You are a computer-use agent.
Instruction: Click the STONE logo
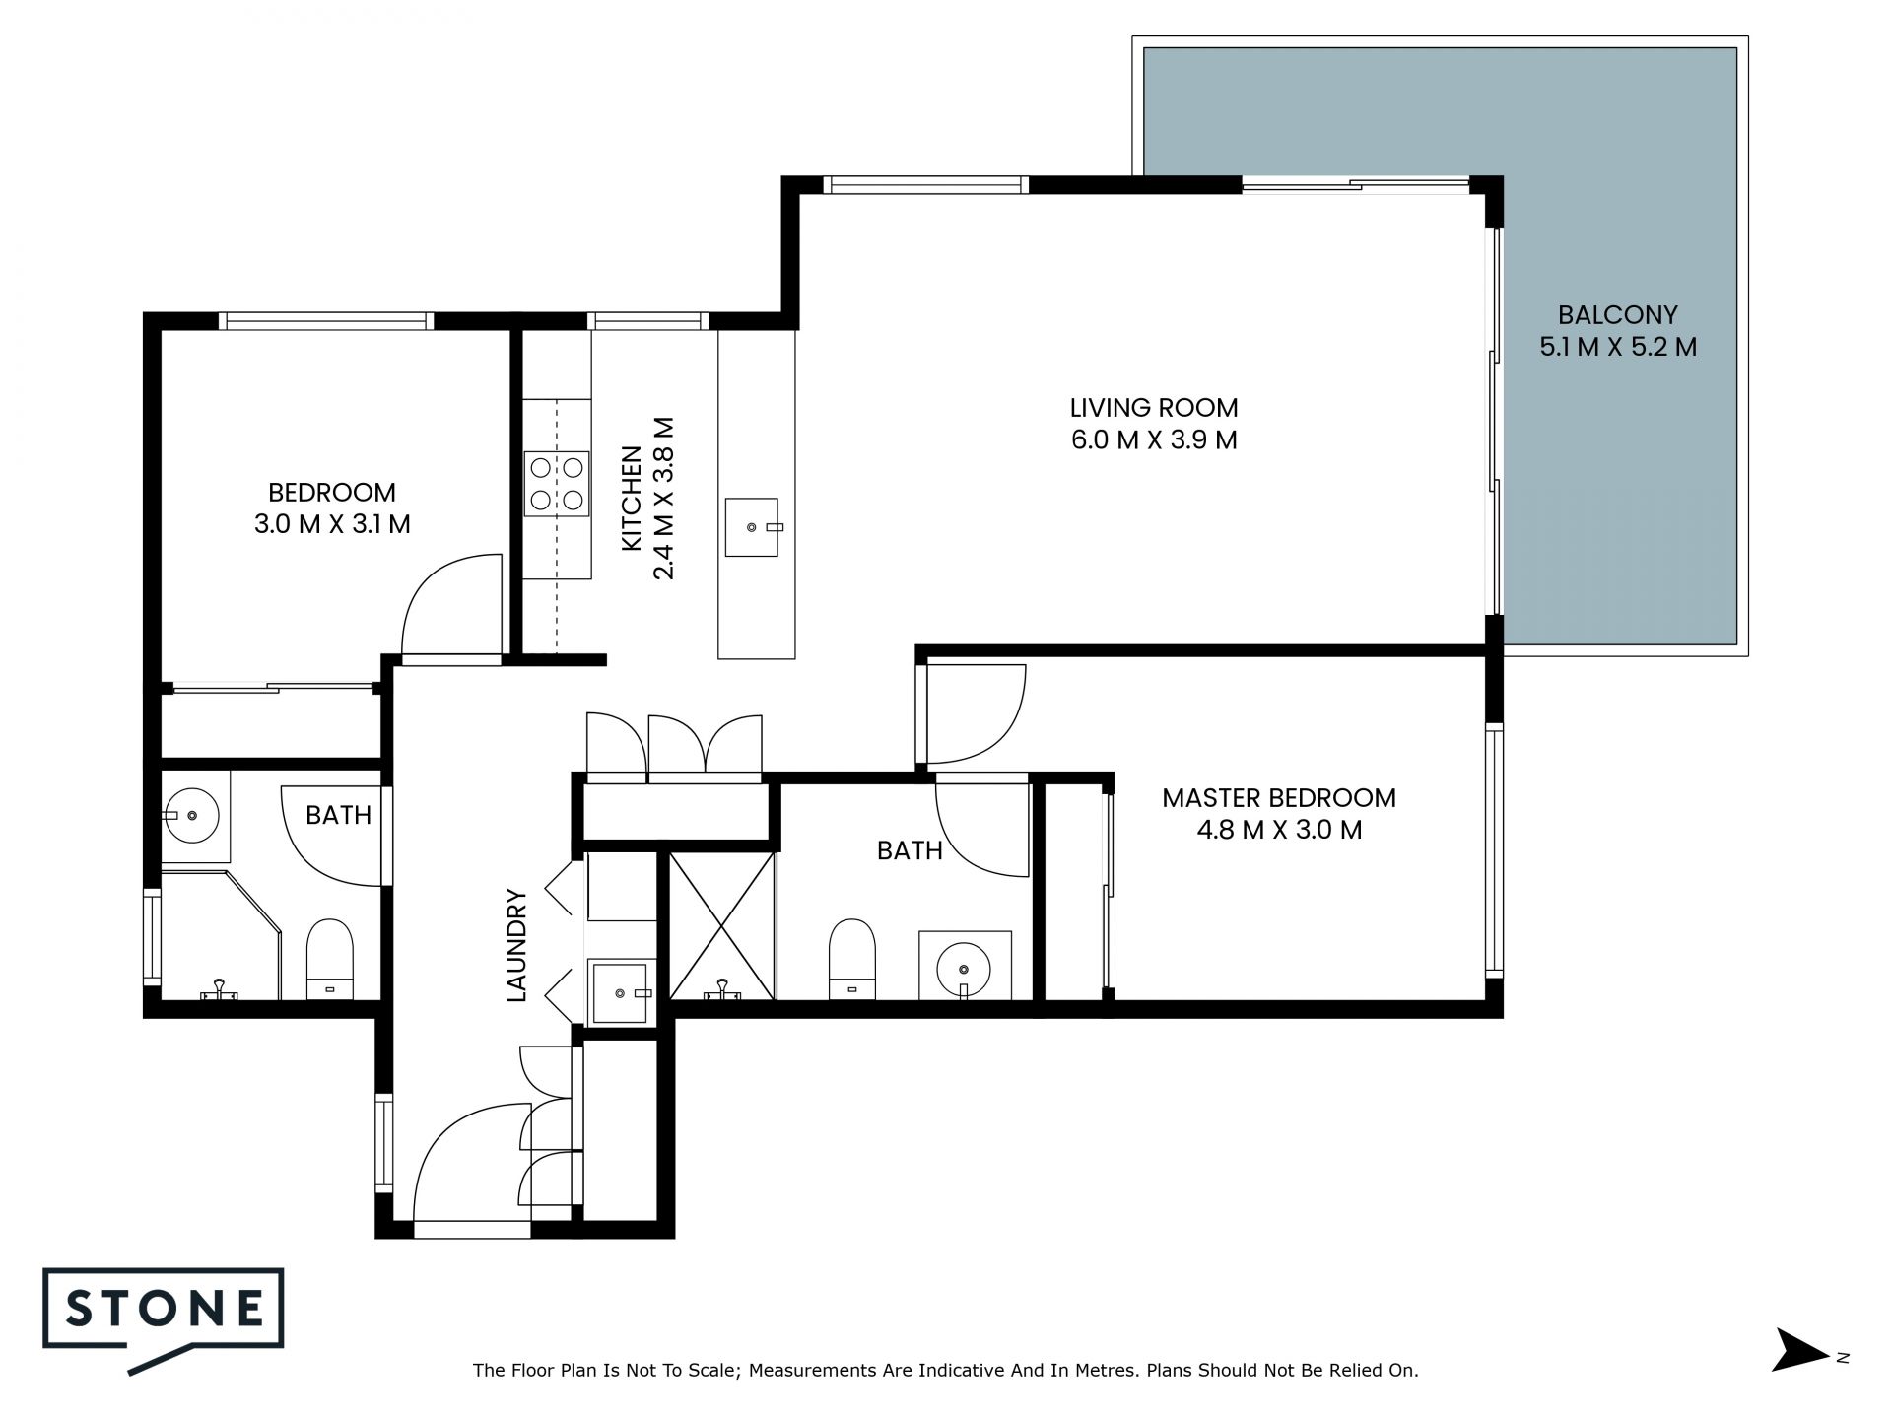click(x=164, y=1319)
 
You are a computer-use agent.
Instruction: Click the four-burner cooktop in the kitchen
click(x=557, y=483)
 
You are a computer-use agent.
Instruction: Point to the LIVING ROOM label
click(x=1154, y=407)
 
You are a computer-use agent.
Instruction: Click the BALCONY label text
click(x=1617, y=315)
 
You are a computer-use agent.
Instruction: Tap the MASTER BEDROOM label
click(x=1279, y=797)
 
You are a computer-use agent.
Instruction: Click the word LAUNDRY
click(x=517, y=945)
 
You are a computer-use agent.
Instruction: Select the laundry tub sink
click(x=622, y=991)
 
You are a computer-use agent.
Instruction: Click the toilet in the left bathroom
click(x=329, y=960)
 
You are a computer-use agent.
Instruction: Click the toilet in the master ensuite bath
click(x=852, y=959)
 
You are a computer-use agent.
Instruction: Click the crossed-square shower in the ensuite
click(x=722, y=925)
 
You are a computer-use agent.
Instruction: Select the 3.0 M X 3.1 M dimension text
click(x=332, y=524)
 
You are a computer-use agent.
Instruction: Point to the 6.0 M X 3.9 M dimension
click(x=1154, y=439)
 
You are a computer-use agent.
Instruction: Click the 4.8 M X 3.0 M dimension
click(x=1279, y=830)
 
